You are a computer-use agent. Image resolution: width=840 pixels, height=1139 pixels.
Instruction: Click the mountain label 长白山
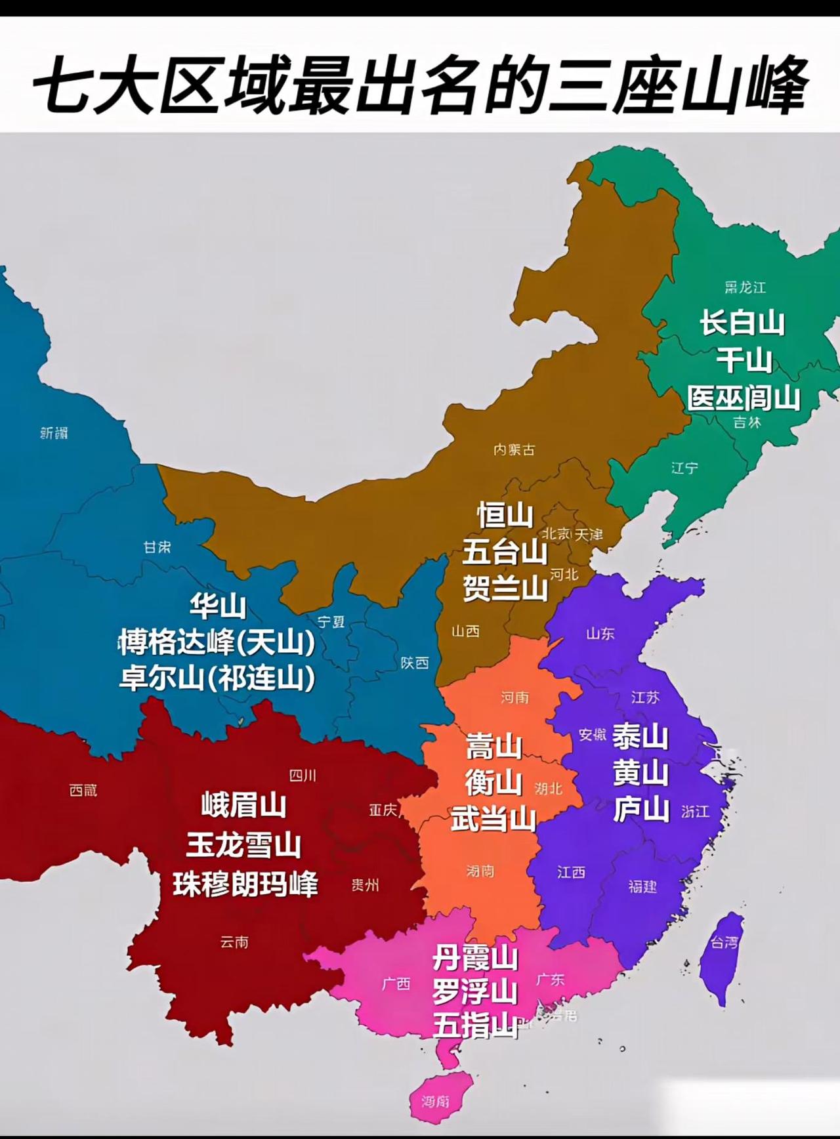pos(742,323)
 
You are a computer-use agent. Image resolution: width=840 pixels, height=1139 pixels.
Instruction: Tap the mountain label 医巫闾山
pos(744,398)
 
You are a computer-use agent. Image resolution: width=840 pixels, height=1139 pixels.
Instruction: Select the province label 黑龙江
pos(745,287)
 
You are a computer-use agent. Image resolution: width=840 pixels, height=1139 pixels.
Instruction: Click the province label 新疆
pos(54,433)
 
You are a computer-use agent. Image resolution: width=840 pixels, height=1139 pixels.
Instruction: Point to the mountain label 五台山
pos(505,552)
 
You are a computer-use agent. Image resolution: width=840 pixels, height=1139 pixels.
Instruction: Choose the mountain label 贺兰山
pos(505,588)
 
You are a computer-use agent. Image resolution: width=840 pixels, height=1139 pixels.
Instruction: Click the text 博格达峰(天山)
pos(217,642)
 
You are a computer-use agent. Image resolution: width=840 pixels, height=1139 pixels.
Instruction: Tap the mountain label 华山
pos(218,606)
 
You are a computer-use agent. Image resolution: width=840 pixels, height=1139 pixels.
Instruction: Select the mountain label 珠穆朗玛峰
pos(245,884)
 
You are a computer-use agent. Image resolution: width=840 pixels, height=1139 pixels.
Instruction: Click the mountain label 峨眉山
pos(243,806)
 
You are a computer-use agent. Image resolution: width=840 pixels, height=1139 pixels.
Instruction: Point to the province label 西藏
pos(83,791)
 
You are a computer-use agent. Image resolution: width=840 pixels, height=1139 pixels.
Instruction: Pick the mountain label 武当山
pos(493,820)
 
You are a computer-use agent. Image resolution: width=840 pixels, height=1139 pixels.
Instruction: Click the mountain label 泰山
pos(640,737)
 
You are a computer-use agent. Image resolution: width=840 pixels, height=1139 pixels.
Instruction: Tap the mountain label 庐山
pos(640,810)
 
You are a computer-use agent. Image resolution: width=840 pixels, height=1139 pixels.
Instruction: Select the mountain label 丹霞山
pos(475,959)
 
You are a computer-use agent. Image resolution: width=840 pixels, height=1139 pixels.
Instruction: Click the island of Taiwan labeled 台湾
pos(722,951)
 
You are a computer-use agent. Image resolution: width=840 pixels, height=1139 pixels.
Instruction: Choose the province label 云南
pos(234,942)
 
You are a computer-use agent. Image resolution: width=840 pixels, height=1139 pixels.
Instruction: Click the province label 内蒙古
pos(514,449)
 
